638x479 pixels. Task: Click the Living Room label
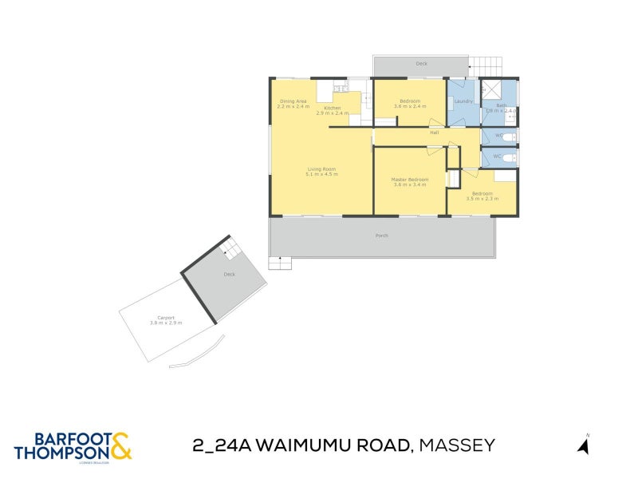[321, 168]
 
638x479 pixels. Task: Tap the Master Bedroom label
[410, 179]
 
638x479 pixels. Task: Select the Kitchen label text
[332, 108]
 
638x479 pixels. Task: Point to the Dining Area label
[293, 101]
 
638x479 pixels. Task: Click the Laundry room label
[463, 101]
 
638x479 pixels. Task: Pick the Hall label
[435, 133]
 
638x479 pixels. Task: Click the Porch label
[382, 236]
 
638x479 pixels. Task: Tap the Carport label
[166, 318]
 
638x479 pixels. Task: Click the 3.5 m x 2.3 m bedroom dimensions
[482, 198]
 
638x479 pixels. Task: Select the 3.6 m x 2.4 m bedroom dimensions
[410, 106]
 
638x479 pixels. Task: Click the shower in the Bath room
[490, 89]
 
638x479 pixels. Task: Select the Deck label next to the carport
[229, 274]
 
